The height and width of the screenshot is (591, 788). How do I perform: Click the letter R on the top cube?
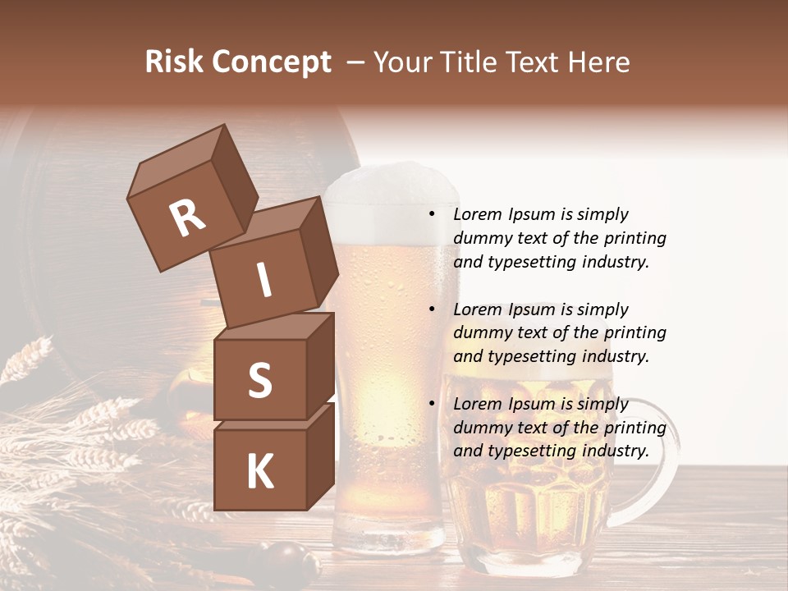(187, 218)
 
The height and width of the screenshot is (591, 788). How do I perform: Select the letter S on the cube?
(259, 380)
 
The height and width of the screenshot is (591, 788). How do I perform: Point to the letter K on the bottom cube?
(259, 472)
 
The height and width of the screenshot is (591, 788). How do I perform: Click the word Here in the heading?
(598, 62)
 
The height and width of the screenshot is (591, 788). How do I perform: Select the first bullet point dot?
(432, 214)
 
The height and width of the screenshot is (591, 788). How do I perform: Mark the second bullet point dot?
(432, 309)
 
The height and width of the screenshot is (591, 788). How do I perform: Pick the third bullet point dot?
(432, 404)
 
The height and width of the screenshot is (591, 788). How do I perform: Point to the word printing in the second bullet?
(635, 332)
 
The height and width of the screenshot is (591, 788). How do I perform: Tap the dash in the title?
(356, 62)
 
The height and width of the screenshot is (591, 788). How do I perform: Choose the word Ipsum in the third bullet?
(533, 404)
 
